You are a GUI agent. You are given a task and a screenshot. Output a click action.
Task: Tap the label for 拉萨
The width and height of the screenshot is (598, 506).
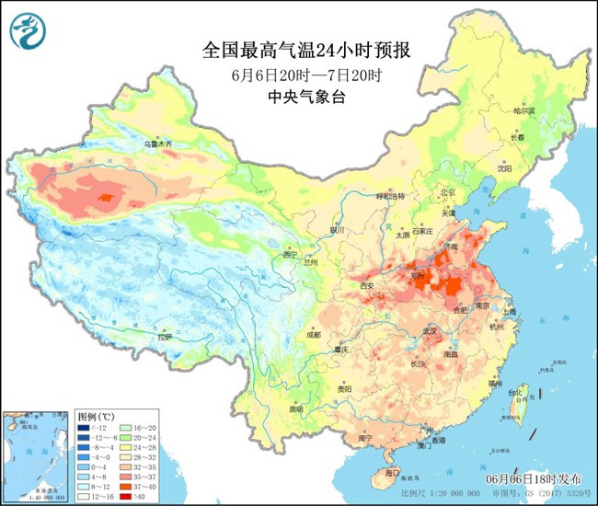164,337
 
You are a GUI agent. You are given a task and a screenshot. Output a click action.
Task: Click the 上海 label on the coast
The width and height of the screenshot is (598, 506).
508,312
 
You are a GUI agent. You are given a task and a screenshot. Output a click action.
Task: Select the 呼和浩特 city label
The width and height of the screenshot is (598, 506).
393,195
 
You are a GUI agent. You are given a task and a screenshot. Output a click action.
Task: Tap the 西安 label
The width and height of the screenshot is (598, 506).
369,285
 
